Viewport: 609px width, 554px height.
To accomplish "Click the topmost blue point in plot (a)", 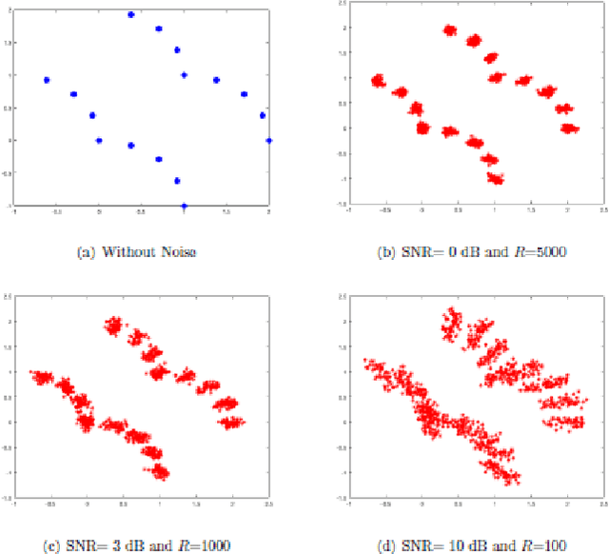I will pyautogui.click(x=131, y=15).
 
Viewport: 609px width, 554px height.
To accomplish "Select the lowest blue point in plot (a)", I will pyautogui.click(x=185, y=205).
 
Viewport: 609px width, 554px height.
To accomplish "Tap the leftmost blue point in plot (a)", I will pyautogui.click(x=47, y=80).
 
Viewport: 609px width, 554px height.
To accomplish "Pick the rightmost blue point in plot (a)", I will pyautogui.click(x=268, y=140).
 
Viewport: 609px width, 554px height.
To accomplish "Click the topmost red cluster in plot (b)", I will pyautogui.click(x=451, y=30).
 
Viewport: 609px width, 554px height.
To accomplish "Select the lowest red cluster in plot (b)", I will pyautogui.click(x=495, y=178).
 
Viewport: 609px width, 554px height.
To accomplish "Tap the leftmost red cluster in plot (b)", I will pyautogui.click(x=379, y=81).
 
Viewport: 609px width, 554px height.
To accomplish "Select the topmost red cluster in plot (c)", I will pyautogui.click(x=115, y=326).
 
